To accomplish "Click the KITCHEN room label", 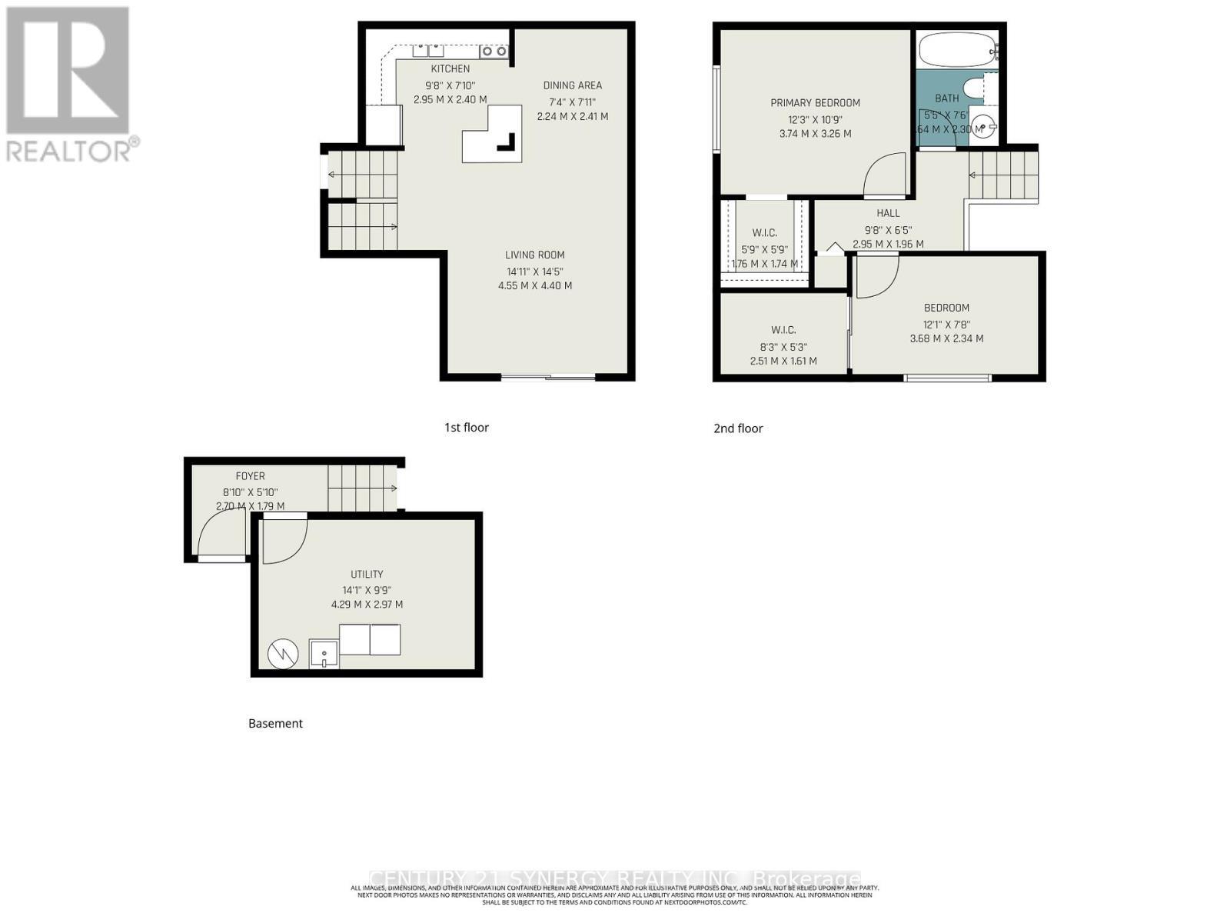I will (450, 69).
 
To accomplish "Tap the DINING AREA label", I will (572, 85).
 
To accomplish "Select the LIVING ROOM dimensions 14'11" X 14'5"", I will (535, 271).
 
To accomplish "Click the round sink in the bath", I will (982, 127).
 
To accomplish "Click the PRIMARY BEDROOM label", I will (815, 103).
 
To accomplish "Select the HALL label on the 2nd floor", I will (888, 213).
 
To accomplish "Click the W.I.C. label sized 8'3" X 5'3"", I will (783, 330).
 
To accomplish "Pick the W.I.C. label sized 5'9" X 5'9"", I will (764, 233).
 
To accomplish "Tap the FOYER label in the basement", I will (250, 476).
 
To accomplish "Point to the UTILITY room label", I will (367, 575).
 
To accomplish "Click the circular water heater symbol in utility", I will (282, 654).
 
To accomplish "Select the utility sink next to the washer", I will (324, 654).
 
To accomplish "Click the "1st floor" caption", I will (466, 428).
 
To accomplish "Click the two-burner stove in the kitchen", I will (494, 52).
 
